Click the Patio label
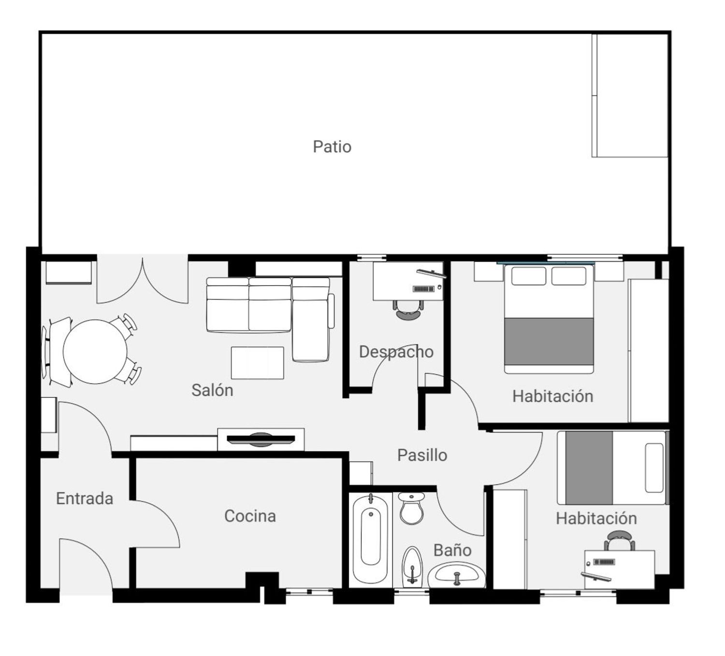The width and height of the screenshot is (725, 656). coord(332,147)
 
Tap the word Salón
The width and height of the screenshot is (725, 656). coord(212,390)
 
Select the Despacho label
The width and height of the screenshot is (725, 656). coord(396,352)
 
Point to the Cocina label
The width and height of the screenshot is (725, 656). coord(250,516)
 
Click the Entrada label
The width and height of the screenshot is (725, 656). coord(85,499)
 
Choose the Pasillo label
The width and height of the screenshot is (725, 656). coord(422,455)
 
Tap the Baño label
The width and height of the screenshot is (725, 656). coord(452,551)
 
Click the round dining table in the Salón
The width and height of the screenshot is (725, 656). coord(95,351)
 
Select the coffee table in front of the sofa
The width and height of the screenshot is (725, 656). coord(257,363)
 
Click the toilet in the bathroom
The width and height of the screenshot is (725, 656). coord(411,508)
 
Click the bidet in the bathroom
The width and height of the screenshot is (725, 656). coord(412,567)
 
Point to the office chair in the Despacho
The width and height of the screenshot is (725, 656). coord(408,310)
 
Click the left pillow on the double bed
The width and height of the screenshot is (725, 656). coord(529,276)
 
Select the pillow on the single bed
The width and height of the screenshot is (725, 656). coord(654,468)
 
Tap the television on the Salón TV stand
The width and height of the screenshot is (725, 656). coord(260,439)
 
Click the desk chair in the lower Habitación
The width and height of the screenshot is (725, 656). coord(620,540)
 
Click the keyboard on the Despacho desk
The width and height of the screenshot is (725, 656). coord(423,289)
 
